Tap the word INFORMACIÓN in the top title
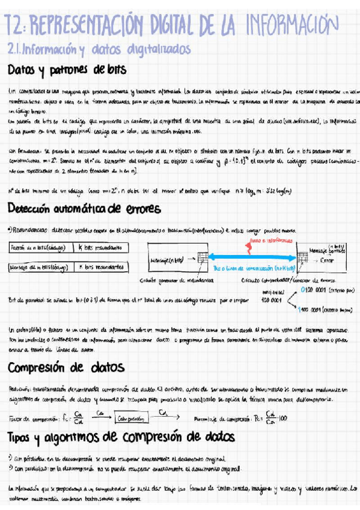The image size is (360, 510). pos(288,25)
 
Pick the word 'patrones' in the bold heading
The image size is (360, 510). pos(69,70)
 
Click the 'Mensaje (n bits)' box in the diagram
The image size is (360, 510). pos(169,260)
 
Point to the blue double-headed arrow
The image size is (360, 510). pos(252,257)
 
